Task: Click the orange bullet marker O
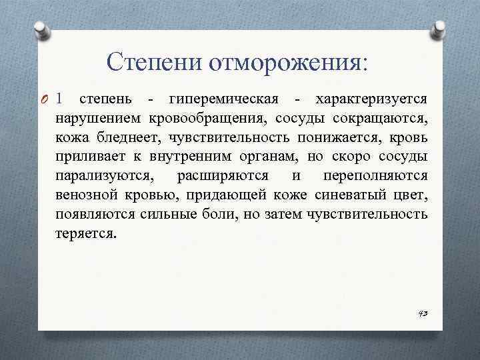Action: click(45, 100)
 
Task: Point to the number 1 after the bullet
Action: click(61, 99)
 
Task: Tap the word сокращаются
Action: click(383, 119)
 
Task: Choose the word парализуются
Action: click(108, 177)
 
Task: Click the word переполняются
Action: click(375, 177)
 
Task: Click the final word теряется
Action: click(85, 235)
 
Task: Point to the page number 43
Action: click(422, 313)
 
